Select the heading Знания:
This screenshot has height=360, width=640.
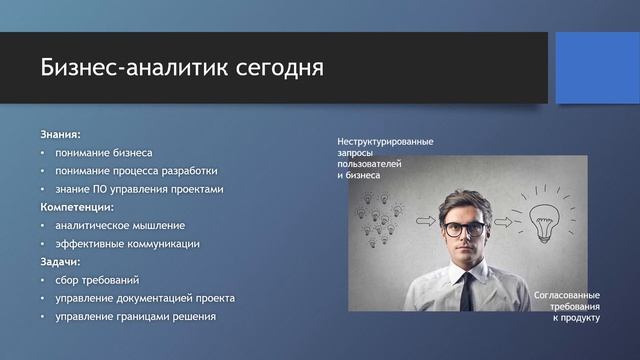pyautogui.click(x=60, y=134)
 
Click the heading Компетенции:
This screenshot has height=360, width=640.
pyautogui.click(x=77, y=207)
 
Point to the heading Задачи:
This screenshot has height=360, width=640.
pyautogui.click(x=60, y=262)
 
